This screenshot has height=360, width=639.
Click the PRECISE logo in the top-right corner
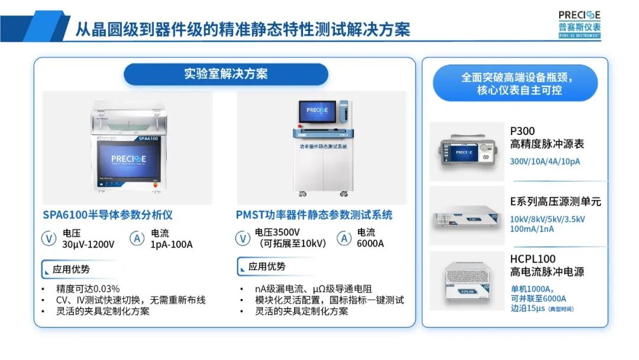579,23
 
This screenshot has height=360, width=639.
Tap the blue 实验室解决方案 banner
225,74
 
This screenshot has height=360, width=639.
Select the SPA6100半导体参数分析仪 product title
108,214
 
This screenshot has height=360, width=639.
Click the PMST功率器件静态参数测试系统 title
315,214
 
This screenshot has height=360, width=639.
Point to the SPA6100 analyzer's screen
127,162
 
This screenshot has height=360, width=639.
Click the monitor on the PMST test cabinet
317,111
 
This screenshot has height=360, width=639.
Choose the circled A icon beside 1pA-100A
137,239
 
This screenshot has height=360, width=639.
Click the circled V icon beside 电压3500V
243,239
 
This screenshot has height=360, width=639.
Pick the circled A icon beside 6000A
344,239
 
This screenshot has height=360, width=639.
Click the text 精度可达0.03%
88,288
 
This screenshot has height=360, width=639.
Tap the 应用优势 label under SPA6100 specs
71,269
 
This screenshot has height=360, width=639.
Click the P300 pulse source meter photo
466,152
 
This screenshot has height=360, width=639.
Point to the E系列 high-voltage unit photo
466,215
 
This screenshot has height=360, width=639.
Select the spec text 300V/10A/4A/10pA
546,161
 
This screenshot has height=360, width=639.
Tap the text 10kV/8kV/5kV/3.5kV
547,219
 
